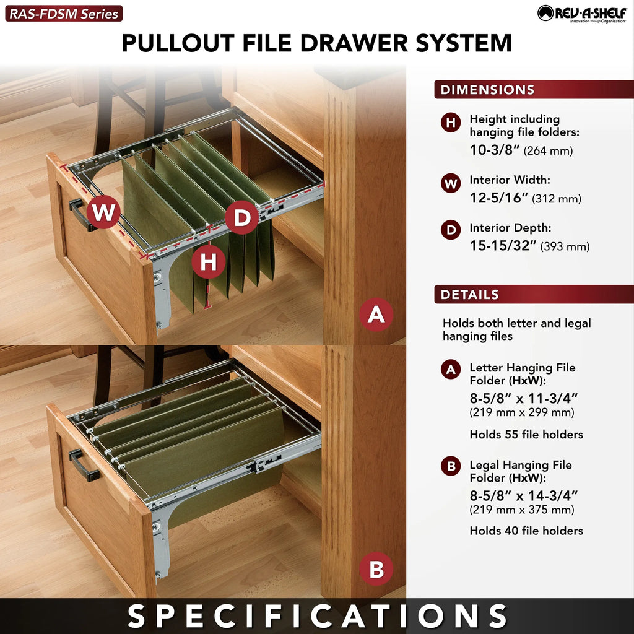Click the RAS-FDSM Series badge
[64, 14]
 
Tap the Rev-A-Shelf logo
[582, 14]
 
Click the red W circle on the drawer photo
[103, 212]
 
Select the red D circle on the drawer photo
[242, 217]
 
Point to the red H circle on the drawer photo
[208, 262]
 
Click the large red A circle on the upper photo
[376, 315]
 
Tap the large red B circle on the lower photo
[376, 569]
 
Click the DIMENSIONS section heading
[488, 89]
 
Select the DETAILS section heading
[470, 294]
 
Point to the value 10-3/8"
[494, 150]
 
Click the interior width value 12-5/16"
[499, 198]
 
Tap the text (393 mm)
[565, 246]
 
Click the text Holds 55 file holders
[526, 434]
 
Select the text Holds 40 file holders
[526, 531]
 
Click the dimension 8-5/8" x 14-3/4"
[524, 495]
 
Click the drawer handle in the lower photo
[84, 466]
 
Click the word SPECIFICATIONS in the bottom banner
[317, 616]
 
